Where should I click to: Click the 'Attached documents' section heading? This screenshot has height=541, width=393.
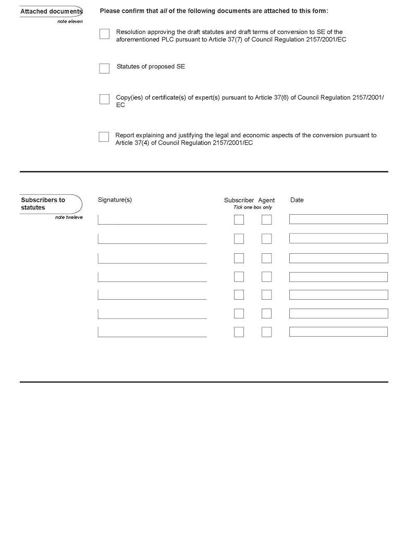pos(51,11)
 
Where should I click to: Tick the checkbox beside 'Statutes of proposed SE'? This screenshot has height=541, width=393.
pos(104,68)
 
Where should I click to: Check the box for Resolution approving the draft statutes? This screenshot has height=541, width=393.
pos(104,34)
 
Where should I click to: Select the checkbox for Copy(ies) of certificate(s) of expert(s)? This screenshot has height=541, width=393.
pos(104,99)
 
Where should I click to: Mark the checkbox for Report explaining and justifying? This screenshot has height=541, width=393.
pos(104,137)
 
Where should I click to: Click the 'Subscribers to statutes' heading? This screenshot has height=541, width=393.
pos(43,204)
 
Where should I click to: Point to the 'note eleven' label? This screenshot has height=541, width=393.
pos(70,22)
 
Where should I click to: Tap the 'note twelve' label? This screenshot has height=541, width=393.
pos(69,217)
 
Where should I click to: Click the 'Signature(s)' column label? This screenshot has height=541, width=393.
pos(115,200)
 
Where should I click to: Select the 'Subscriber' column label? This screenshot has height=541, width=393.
pos(239,200)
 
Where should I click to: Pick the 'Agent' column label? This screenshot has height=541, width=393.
pos(266,200)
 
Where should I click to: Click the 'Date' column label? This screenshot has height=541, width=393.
pos(297,200)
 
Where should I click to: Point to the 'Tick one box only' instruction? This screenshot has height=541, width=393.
pos(253,207)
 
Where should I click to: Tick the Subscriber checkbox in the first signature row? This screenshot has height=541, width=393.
pos(239,220)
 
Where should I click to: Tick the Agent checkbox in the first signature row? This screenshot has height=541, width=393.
pos(266,220)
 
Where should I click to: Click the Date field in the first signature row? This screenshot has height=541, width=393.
pos(338,219)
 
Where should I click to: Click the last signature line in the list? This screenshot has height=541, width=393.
pos(152,332)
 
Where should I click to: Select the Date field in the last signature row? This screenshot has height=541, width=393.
pos(338,331)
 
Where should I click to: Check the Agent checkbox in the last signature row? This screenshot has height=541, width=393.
pos(266,332)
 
